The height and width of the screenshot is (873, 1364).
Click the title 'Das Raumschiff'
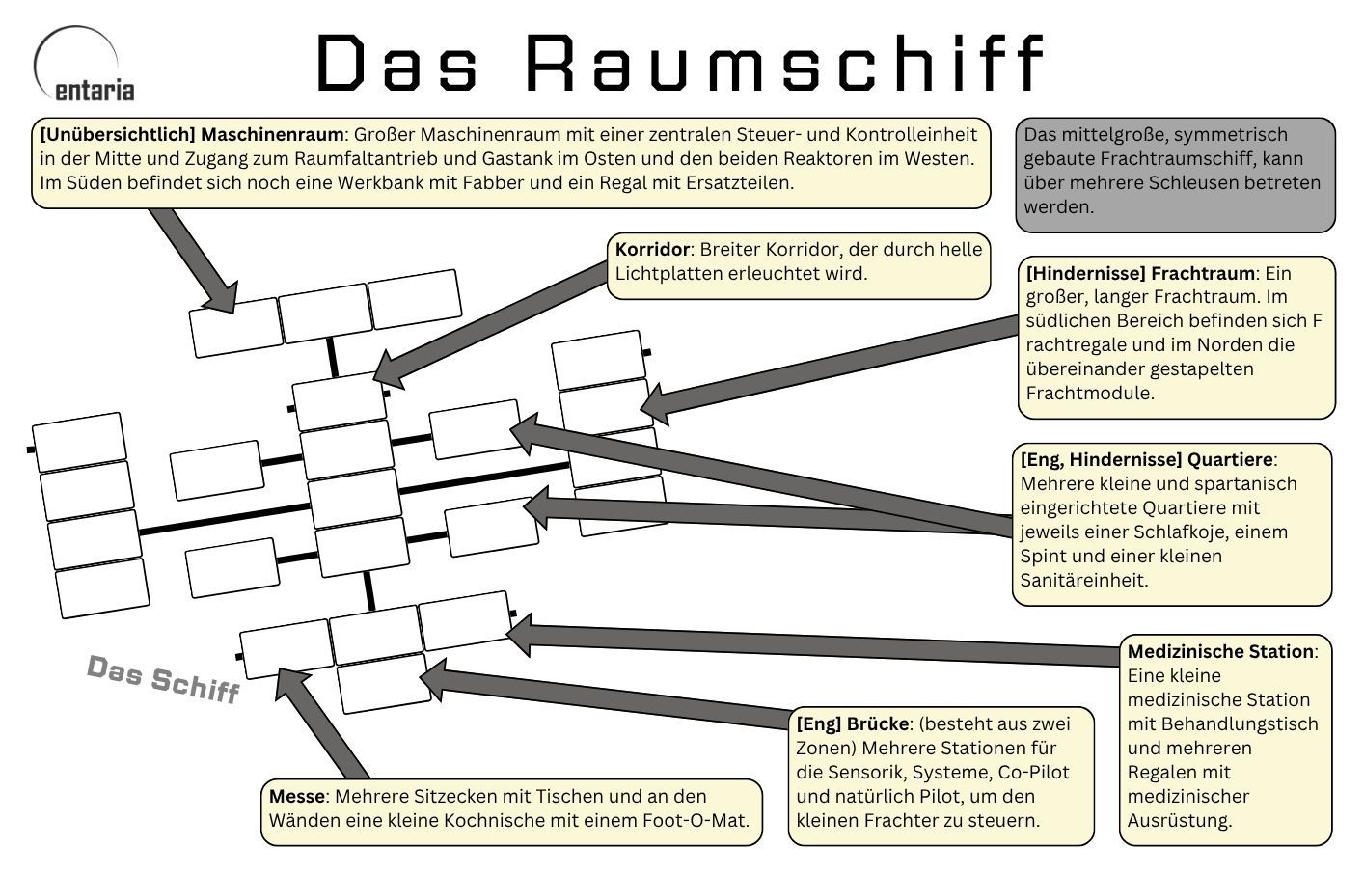(680, 64)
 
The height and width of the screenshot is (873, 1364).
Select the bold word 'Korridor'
(652, 250)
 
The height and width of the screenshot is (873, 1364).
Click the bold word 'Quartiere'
(1230, 460)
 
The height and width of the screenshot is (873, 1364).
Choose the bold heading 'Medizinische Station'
(1220, 652)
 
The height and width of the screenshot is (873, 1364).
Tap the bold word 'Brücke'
(878, 724)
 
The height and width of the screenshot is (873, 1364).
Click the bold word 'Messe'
(297, 797)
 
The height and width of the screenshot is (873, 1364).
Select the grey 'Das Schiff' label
(163, 678)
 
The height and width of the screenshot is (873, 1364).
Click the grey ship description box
(1175, 174)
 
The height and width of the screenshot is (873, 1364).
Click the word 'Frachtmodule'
(1089, 394)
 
